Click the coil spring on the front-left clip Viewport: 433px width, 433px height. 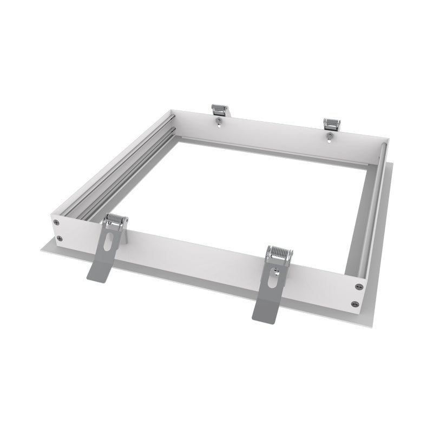pos(116,219)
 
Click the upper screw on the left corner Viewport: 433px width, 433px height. pos(59,220)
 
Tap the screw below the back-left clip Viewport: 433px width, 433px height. pos(218,122)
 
